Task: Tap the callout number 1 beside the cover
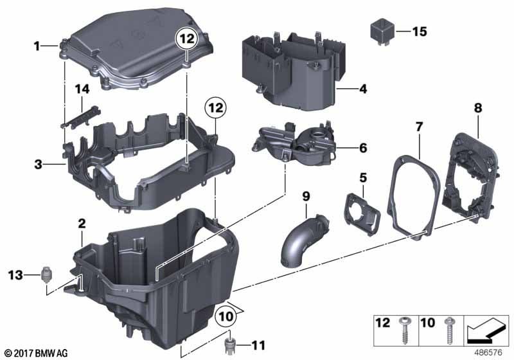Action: tap(37, 46)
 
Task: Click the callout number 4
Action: tap(363, 89)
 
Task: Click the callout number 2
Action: tap(82, 224)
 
